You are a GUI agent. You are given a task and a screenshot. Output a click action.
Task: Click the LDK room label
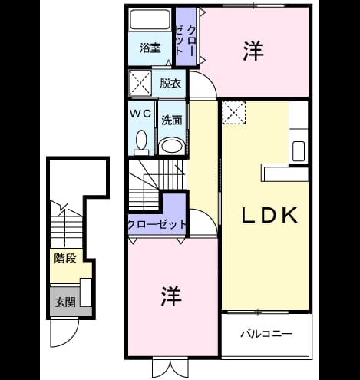point(269,215)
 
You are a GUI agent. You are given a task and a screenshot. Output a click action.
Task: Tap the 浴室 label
point(150,48)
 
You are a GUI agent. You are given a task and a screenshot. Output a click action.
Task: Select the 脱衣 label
point(170,84)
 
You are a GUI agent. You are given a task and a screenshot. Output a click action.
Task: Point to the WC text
point(140,114)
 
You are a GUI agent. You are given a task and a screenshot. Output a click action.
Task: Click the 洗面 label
point(171,120)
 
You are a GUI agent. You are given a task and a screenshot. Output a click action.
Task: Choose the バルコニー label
point(266,334)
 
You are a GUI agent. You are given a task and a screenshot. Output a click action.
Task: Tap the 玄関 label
point(65,302)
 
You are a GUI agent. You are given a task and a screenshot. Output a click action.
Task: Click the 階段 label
point(65,259)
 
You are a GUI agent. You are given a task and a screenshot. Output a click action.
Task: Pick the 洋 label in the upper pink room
point(253,51)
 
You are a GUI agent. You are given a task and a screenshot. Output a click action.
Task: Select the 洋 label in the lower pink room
point(171,296)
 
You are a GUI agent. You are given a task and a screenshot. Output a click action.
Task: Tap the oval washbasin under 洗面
point(172,146)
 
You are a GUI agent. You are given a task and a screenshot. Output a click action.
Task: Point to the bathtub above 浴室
point(150,19)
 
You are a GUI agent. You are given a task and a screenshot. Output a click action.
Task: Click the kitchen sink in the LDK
point(299,151)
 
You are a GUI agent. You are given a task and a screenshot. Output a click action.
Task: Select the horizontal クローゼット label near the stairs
point(157,224)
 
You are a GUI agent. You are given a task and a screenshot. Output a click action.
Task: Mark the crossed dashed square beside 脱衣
point(140,84)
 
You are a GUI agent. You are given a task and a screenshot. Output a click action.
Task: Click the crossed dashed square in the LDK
point(234,113)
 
